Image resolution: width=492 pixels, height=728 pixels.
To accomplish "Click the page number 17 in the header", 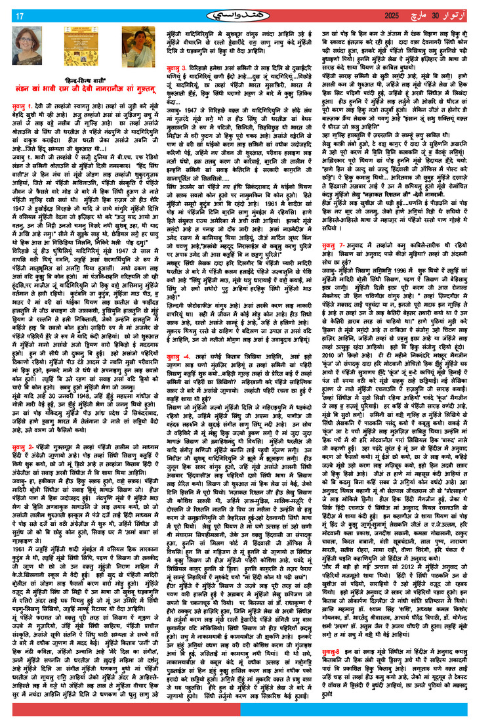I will (19, 16).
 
